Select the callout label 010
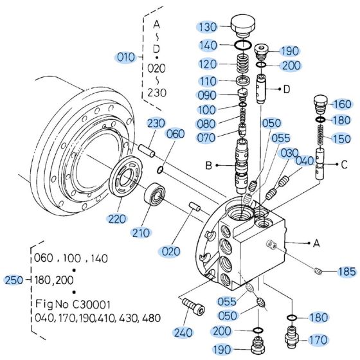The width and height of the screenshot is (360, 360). point(125,57)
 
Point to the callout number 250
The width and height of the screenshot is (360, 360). point(14,280)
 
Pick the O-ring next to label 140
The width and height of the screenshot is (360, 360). point(243,45)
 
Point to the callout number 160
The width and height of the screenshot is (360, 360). point(343,104)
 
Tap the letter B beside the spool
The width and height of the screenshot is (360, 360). point(209,165)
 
